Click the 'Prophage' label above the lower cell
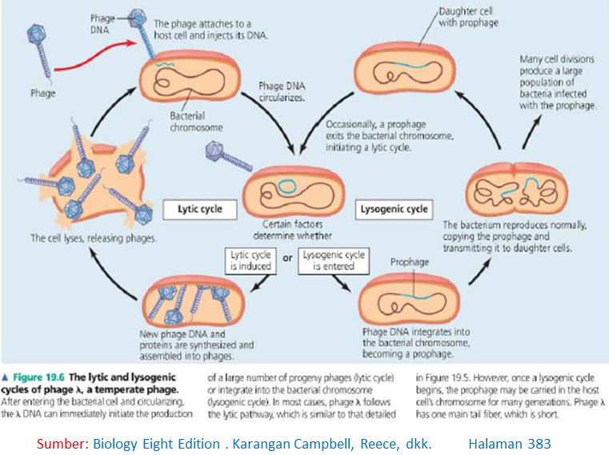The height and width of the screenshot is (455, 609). (410, 262)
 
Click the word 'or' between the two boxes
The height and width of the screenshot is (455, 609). (288, 258)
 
